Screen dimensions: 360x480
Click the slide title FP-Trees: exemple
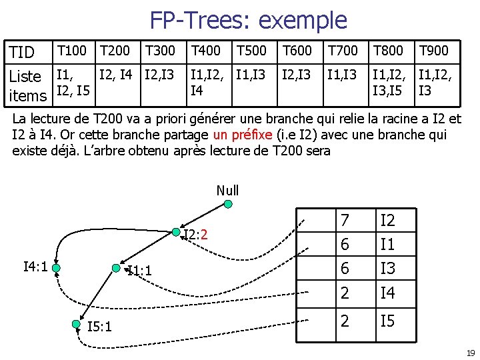click(248, 20)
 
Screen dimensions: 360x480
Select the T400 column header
click(205, 50)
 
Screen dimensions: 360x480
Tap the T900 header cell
click(433, 50)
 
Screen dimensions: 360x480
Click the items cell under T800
click(387, 82)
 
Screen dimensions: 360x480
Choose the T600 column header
click(297, 50)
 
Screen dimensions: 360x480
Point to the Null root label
click(227, 190)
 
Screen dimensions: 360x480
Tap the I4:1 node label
click(35, 267)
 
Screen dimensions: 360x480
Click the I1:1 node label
click(139, 271)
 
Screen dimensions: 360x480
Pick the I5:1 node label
click(99, 326)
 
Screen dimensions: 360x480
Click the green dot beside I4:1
click(57, 268)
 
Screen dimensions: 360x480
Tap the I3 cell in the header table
click(387, 268)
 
